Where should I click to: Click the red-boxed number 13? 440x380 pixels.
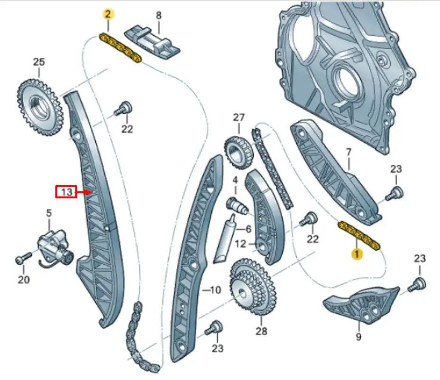67,192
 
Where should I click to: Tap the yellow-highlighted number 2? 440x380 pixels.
108,14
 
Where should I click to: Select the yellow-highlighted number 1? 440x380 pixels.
356,254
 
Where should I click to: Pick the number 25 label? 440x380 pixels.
39,62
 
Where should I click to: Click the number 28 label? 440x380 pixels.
261,330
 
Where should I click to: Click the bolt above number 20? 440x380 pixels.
22,259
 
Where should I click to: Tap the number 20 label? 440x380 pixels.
24,280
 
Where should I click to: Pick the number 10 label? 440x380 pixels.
215,290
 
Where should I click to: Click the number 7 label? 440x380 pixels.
348,153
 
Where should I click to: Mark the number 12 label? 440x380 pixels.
241,244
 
